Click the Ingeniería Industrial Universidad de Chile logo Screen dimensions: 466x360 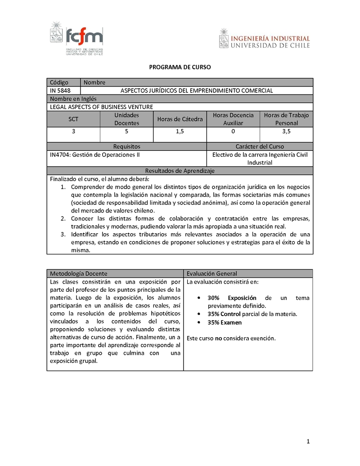265,39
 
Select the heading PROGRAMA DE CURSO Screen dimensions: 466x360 180,67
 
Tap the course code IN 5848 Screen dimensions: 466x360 60,90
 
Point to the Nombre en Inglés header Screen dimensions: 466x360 73,99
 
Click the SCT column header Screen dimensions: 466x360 73,119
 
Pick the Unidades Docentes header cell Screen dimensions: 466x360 126,119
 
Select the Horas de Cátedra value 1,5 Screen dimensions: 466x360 180,131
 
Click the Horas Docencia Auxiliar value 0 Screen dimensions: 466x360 233,131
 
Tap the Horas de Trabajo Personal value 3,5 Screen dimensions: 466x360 286,131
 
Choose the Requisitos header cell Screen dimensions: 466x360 126,146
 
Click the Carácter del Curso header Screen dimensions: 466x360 260,146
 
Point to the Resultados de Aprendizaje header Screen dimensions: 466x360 180,171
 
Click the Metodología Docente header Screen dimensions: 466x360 79,273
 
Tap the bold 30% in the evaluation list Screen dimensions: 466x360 213,298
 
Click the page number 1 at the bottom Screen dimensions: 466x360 308,441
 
